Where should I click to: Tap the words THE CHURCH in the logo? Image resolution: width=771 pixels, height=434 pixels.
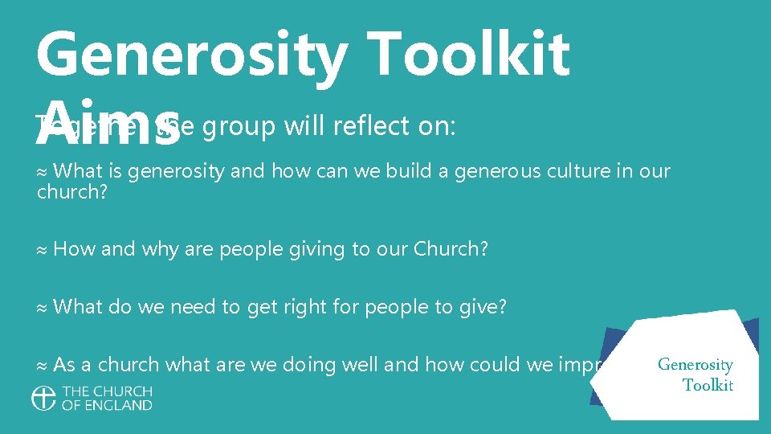pyautogui.click(x=107, y=391)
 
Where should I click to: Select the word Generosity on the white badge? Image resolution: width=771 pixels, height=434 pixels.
pyautogui.click(x=695, y=365)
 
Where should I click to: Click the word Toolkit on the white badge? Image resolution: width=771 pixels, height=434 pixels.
pyautogui.click(x=708, y=385)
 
